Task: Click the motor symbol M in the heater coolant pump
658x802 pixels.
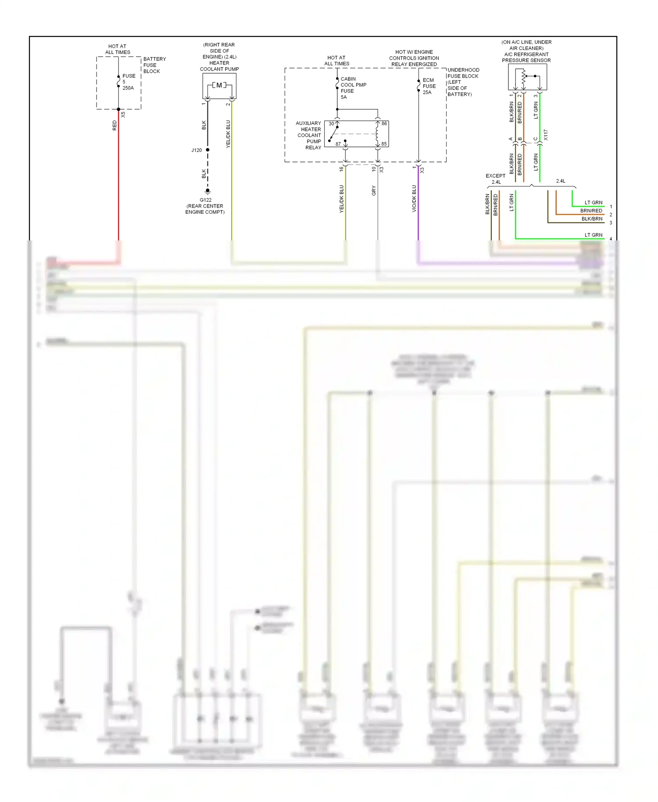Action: [219, 85]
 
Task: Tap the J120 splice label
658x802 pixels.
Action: [197, 150]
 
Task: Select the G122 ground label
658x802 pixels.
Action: [205, 200]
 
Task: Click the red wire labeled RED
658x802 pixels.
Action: [118, 184]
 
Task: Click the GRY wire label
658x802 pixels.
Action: [374, 190]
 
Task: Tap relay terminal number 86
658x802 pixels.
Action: [384, 124]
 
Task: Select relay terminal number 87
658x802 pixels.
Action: [338, 144]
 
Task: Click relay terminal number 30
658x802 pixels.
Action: [331, 124]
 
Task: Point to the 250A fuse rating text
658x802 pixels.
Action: [128, 88]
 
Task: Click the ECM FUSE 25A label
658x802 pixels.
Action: [429, 86]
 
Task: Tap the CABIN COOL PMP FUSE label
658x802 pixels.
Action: [353, 88]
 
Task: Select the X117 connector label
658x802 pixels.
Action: [546, 135]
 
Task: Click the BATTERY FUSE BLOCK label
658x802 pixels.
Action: [154, 65]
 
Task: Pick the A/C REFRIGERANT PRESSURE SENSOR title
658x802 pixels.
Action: [526, 57]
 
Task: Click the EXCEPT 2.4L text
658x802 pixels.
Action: [496, 179]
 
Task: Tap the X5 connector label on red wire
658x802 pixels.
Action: [123, 115]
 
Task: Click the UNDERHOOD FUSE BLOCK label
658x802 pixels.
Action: [463, 73]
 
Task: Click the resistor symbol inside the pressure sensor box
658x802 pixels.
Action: [523, 78]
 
